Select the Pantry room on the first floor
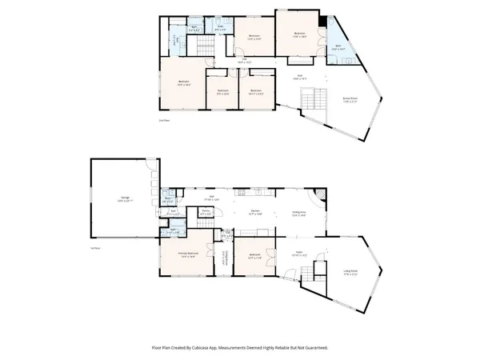click(206, 214)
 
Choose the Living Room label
click(351, 272)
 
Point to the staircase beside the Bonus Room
click(310, 101)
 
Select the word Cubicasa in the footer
click(210, 348)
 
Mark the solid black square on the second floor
click(322, 21)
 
